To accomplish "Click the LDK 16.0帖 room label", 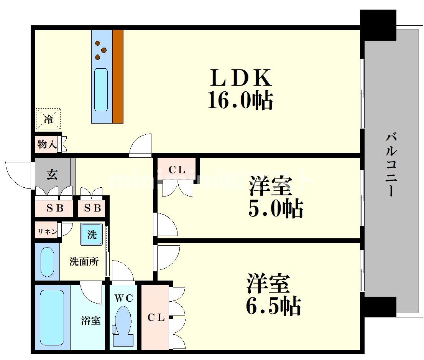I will click(240, 89).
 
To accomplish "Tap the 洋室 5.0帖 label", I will click(275, 197).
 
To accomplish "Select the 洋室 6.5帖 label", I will click(273, 294).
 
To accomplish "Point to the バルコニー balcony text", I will click(391, 165).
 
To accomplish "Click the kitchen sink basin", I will click(101, 89).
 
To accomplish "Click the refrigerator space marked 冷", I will click(48, 119).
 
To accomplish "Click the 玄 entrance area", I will click(53, 175).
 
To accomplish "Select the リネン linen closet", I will click(47, 231).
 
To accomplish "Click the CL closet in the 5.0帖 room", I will click(177, 170).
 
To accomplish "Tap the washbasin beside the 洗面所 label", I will click(48, 263).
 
